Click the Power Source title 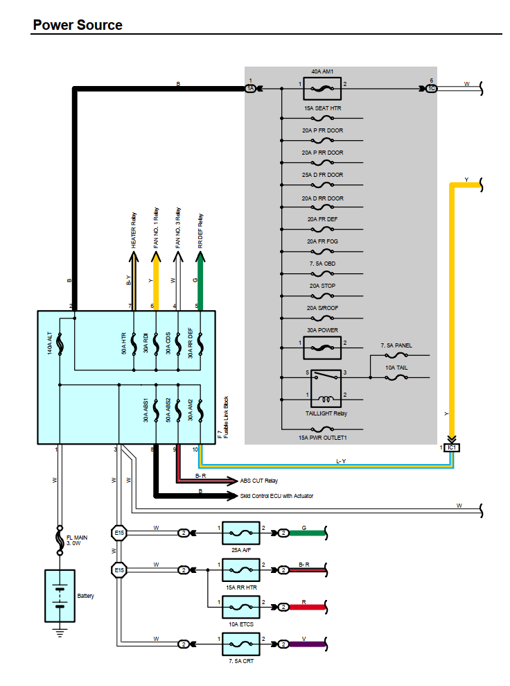point(78,25)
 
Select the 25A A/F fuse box point(240,533)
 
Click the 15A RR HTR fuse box point(240,570)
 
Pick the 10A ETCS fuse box point(240,607)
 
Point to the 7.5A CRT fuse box point(240,644)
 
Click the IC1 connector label point(451,447)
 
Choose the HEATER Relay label point(133,229)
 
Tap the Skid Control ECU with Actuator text point(276,496)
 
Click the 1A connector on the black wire point(250,89)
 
